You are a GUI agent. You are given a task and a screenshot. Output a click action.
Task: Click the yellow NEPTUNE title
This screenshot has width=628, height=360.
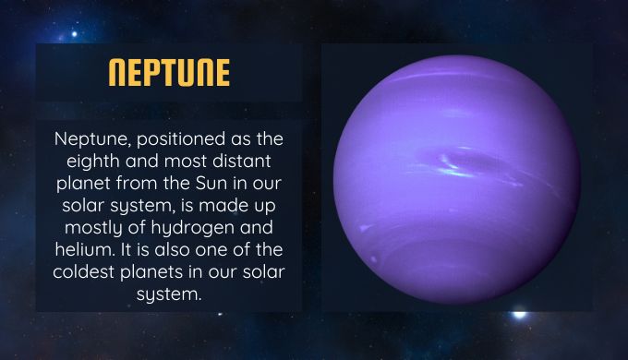(x=169, y=73)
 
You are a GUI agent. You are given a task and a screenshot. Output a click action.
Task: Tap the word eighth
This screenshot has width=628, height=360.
(x=93, y=162)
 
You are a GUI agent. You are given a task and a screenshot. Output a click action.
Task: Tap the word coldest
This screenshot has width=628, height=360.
(x=84, y=272)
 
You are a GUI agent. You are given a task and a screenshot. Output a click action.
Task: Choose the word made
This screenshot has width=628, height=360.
(x=220, y=206)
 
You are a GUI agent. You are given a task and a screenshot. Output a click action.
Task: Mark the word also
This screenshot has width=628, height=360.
(x=173, y=249)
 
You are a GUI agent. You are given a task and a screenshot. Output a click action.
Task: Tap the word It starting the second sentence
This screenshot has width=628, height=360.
(x=126, y=249)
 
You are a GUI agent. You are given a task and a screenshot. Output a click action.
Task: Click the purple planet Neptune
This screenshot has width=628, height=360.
(x=457, y=179)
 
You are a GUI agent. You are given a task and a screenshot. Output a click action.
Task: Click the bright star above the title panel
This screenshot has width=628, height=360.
(x=74, y=34)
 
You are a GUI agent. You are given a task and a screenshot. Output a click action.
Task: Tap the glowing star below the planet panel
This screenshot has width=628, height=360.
(x=519, y=315)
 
